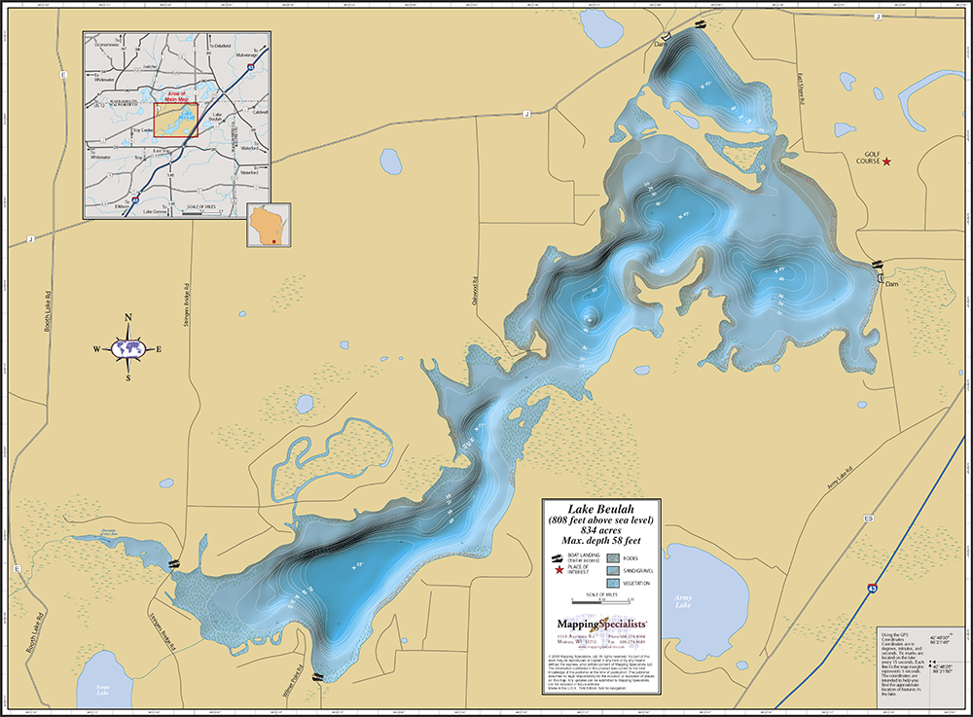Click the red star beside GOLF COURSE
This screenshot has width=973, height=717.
click(x=885, y=161)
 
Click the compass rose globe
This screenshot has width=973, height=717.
click(x=128, y=348)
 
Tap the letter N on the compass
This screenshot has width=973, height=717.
click(x=128, y=317)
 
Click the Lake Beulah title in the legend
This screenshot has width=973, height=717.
click(x=601, y=508)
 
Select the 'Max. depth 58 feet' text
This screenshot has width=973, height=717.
click(x=601, y=540)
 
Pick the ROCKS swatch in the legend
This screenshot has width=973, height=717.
click(x=613, y=557)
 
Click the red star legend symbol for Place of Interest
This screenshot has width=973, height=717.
click(x=558, y=569)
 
